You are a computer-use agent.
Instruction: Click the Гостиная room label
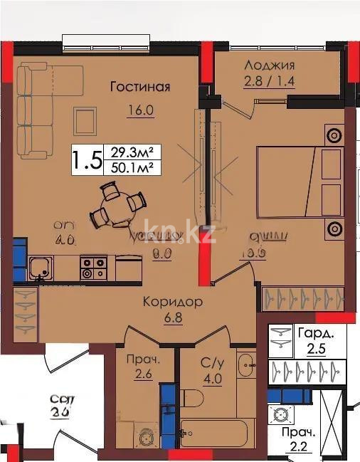pyautogui.click(x=140, y=87)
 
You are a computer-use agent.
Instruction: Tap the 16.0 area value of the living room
pyautogui.click(x=139, y=111)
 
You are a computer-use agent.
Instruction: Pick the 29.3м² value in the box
pyautogui.click(x=132, y=151)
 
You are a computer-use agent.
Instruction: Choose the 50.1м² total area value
pyautogui.click(x=132, y=168)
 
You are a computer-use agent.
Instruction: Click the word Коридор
pyautogui.click(x=171, y=302)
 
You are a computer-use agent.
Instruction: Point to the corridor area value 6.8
pyautogui.click(x=171, y=318)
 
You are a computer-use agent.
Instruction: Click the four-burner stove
pyautogui.click(x=92, y=268)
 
